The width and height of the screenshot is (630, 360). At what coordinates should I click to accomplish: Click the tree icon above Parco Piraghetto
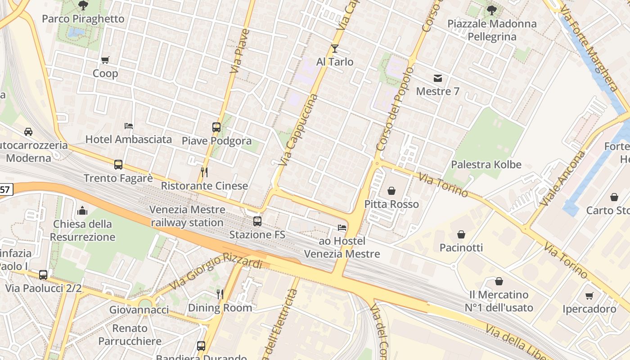tap(83, 5)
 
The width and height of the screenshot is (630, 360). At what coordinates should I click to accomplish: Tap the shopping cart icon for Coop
tap(105, 60)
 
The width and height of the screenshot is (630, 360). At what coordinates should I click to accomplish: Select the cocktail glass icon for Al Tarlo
tap(334, 49)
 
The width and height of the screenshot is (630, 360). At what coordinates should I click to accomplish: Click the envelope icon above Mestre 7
tap(437, 78)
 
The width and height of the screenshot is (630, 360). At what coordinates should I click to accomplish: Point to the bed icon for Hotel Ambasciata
tap(129, 126)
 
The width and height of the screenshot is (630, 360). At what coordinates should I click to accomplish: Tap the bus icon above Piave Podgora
tap(216, 127)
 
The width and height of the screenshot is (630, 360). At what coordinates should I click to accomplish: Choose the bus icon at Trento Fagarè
tap(118, 165)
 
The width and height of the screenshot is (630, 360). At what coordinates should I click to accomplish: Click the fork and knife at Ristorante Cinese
tap(204, 172)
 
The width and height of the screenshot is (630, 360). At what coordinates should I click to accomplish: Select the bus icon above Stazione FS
tap(257, 221)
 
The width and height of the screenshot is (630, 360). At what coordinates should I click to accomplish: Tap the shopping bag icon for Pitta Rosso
tap(391, 191)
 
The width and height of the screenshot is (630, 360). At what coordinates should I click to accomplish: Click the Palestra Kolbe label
tap(486, 165)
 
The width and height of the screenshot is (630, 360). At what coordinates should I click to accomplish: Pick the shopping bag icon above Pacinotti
tap(461, 234)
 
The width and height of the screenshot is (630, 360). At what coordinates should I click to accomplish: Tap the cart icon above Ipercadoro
tap(589, 296)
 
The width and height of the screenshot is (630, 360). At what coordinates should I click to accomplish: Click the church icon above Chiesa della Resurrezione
tap(82, 211)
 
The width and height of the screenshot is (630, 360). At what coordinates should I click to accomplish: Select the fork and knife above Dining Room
tap(220, 294)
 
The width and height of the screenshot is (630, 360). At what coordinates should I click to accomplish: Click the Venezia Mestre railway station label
tap(187, 216)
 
